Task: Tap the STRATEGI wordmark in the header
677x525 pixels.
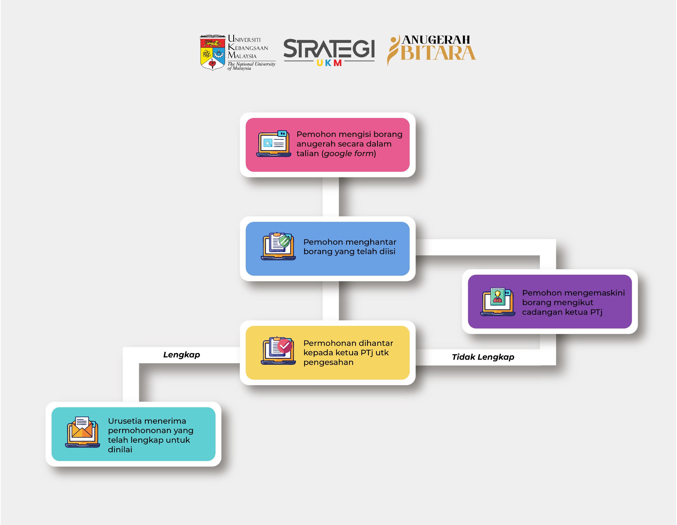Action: tap(329, 48)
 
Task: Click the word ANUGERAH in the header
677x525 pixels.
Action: tap(436, 40)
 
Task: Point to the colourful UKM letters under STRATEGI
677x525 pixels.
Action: tap(329, 63)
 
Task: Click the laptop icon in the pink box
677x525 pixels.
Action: tap(274, 144)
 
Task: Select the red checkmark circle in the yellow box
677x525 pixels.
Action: tap(285, 346)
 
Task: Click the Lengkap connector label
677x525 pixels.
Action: tap(182, 355)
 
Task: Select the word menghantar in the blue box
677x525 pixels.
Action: tap(371, 242)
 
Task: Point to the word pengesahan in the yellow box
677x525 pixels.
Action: tap(328, 362)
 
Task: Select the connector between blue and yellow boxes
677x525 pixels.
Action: tap(331, 301)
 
